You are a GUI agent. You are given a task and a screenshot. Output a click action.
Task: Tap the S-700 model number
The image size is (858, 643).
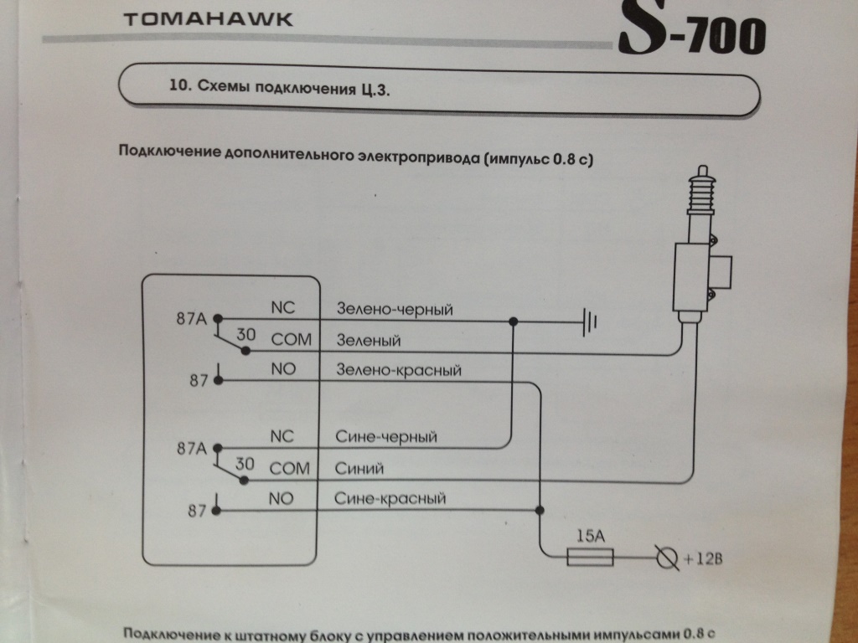(x=691, y=33)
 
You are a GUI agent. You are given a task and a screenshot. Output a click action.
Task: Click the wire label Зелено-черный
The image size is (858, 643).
(x=395, y=311)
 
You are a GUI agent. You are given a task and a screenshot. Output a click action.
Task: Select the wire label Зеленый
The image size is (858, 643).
(x=368, y=341)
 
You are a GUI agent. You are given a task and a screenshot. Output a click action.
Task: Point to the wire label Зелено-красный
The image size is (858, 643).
(x=398, y=369)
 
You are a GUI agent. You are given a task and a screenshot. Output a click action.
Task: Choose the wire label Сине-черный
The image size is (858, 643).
(x=385, y=437)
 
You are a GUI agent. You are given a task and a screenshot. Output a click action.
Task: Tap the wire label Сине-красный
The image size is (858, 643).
(x=389, y=499)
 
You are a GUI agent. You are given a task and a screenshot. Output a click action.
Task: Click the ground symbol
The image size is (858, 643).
(x=589, y=320)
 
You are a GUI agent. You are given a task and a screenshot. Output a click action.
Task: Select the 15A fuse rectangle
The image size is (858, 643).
(x=590, y=557)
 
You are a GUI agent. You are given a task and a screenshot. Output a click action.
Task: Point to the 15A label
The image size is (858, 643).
(x=592, y=535)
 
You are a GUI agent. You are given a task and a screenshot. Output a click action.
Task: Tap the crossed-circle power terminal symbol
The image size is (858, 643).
(x=666, y=557)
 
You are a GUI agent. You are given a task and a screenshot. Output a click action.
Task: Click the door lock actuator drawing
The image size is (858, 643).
(x=699, y=251)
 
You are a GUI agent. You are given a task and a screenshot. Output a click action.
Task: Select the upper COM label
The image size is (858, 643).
(x=291, y=340)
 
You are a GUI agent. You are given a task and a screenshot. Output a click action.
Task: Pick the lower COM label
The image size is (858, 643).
(x=290, y=469)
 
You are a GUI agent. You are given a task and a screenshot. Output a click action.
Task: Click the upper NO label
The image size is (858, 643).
(x=284, y=368)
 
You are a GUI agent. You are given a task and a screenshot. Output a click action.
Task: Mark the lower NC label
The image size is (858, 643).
(x=283, y=437)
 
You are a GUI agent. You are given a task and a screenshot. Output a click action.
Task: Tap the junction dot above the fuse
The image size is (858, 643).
(x=541, y=510)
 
